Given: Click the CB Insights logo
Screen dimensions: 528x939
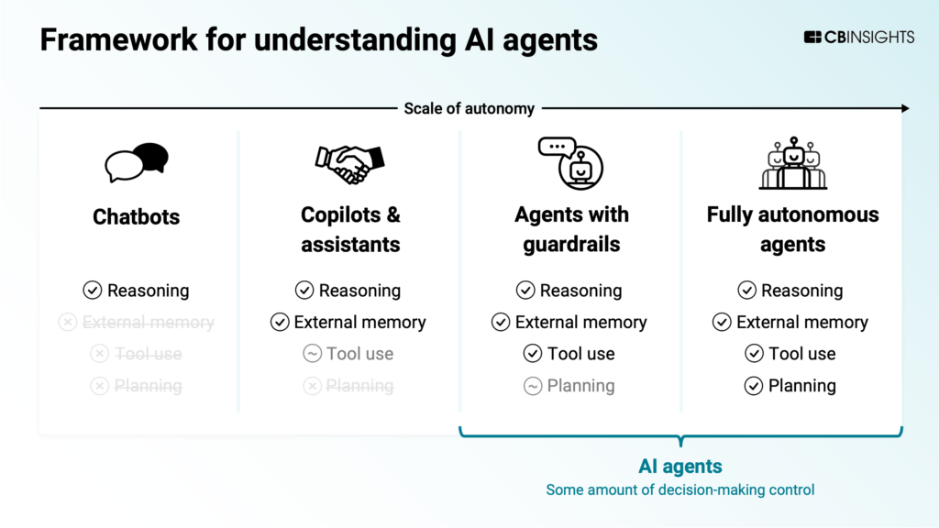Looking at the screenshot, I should coord(858,38).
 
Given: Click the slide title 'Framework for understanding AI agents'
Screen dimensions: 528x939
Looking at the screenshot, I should coord(318,40).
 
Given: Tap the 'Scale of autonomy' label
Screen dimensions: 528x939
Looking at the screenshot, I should coord(469,108).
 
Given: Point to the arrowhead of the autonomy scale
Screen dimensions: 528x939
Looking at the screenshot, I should coord(904,108).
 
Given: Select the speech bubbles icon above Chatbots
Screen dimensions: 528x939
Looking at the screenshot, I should coord(137,162).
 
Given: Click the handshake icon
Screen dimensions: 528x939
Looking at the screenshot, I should coord(349,163).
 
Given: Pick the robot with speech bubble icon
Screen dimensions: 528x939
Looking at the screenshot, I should coord(570,162).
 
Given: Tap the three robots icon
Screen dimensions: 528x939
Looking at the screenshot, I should coord(792,164).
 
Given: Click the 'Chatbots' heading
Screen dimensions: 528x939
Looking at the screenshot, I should coord(137,217).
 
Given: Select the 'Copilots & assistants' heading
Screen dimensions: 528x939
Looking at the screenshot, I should coord(350,229).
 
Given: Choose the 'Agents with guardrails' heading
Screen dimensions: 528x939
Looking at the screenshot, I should coord(571,229).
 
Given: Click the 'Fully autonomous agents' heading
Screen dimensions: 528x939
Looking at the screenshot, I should coord(792,229).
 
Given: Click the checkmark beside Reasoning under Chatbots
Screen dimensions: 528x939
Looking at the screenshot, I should coord(92,291).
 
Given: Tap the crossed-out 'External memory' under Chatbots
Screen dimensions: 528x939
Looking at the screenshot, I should coord(148,323).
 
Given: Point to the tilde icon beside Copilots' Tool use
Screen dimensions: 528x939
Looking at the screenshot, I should coord(312,354).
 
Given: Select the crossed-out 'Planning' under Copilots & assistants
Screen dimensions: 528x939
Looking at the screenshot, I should coord(359,386).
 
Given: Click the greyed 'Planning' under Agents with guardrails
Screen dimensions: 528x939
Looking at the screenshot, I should coord(580,386).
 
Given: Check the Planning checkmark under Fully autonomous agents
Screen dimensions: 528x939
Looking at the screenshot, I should coord(754,386).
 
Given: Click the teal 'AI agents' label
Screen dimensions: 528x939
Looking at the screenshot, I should coord(679,467).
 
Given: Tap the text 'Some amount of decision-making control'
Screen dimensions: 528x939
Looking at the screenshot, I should coord(679,489).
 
